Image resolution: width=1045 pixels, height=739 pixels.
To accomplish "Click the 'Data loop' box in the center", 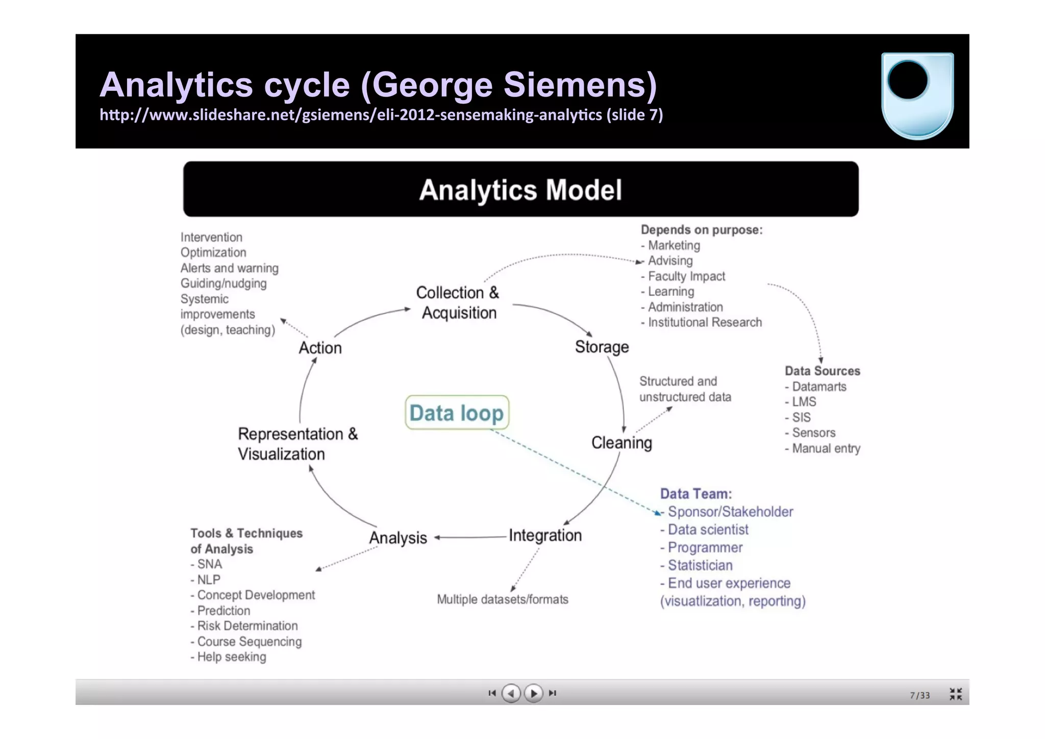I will click(457, 413).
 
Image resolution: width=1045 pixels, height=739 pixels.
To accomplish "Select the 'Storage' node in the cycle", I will click(602, 347).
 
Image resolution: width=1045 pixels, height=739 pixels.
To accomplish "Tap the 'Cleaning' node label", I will click(621, 442).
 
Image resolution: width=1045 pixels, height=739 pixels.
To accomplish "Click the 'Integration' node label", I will click(545, 535).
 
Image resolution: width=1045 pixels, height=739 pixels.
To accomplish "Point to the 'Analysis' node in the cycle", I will click(398, 538).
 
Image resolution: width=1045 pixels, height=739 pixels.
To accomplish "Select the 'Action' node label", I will click(320, 348).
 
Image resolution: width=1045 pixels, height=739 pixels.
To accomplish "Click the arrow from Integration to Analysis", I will click(469, 537).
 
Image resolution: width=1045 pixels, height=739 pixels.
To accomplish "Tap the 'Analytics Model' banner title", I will click(520, 190).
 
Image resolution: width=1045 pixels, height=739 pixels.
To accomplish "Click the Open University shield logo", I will click(917, 96).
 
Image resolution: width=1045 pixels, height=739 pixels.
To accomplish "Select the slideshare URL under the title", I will click(381, 115).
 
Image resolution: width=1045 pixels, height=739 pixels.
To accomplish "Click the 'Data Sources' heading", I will click(822, 371).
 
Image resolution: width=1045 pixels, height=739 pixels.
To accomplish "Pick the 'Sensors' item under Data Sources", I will click(813, 433).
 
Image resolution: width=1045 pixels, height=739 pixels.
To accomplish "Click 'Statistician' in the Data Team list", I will click(700, 565).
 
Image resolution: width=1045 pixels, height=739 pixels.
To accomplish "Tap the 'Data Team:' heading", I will click(695, 494).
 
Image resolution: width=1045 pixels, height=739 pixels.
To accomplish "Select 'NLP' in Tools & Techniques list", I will click(208, 580).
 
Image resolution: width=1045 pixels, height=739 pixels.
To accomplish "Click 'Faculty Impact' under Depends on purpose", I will click(686, 276).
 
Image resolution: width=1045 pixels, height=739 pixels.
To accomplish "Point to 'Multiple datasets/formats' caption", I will click(502, 599).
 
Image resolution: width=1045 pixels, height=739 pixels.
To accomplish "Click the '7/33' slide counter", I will click(919, 695).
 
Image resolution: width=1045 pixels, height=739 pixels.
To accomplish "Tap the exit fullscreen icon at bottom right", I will click(956, 694).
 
